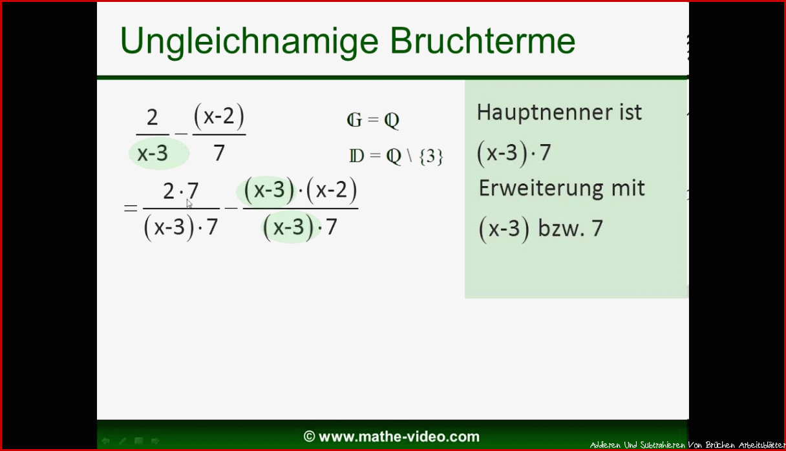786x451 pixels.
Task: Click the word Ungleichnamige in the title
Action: coord(249,42)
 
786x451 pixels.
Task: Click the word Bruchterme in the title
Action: coord(482,40)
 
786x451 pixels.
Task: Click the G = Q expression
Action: coord(373,120)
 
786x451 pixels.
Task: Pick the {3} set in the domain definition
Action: coord(431,156)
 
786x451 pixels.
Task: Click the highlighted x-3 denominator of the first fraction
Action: coord(153,153)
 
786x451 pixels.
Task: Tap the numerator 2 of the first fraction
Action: coord(152,117)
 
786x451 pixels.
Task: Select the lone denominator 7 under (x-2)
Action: coord(219,153)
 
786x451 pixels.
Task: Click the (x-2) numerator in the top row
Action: coord(219,116)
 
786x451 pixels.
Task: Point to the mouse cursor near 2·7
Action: coord(189,204)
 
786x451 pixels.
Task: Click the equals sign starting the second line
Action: coord(130,208)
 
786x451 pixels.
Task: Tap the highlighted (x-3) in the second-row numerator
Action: coord(269,191)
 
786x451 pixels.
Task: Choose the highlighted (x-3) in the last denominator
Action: coord(288,227)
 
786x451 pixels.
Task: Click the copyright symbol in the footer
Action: coord(309,437)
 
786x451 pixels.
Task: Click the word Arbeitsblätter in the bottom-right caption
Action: coord(762,445)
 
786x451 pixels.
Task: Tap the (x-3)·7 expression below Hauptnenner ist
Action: coord(514,153)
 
